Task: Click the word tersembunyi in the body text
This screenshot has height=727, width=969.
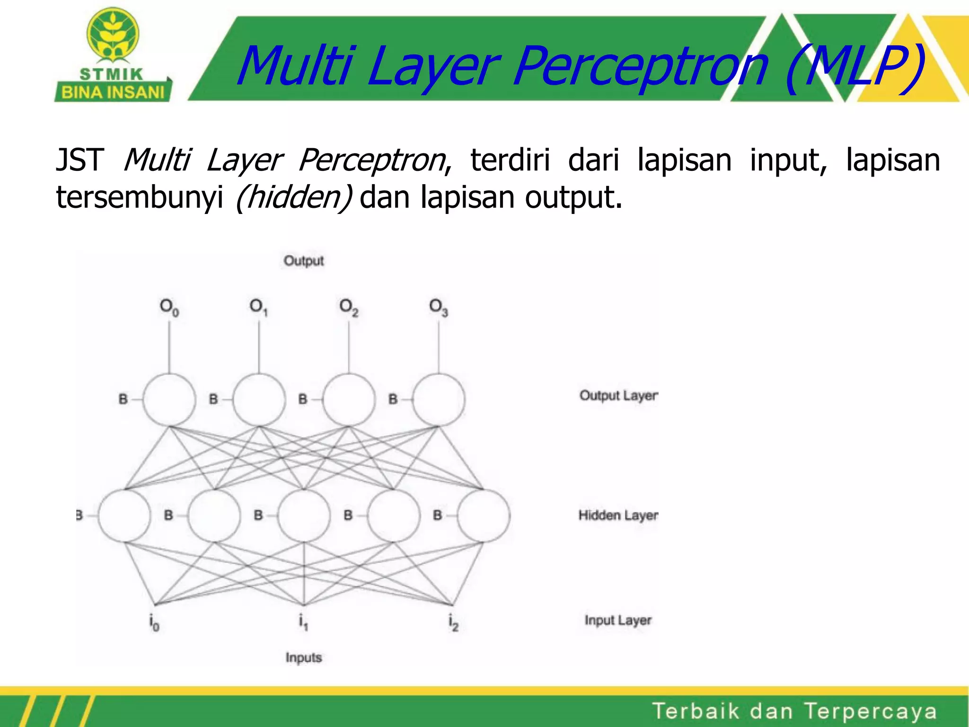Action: (x=140, y=198)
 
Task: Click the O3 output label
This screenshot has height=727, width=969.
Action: (x=438, y=308)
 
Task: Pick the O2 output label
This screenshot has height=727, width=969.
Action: (x=349, y=308)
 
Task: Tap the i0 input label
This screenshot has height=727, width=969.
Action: (x=154, y=622)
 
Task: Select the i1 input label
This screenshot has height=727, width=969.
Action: (x=303, y=622)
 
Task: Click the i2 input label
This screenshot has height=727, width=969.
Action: (x=453, y=622)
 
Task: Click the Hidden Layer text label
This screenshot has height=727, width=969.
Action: (x=618, y=515)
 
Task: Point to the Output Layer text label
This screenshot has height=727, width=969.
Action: (x=618, y=396)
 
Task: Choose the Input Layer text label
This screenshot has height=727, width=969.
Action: (x=618, y=620)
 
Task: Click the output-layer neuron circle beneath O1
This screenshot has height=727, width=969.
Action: (x=259, y=399)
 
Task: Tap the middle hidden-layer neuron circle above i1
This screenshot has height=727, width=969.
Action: (x=304, y=515)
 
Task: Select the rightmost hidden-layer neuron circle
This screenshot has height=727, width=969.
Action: (x=484, y=515)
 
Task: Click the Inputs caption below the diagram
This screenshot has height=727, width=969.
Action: (x=304, y=657)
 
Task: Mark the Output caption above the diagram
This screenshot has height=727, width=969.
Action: (x=304, y=261)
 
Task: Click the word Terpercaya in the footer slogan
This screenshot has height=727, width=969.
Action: (x=870, y=711)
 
